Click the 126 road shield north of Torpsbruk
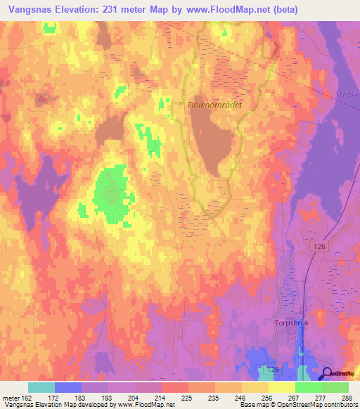[318, 245]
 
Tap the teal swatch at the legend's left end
[41, 387]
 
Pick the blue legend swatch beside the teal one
[68, 387]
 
